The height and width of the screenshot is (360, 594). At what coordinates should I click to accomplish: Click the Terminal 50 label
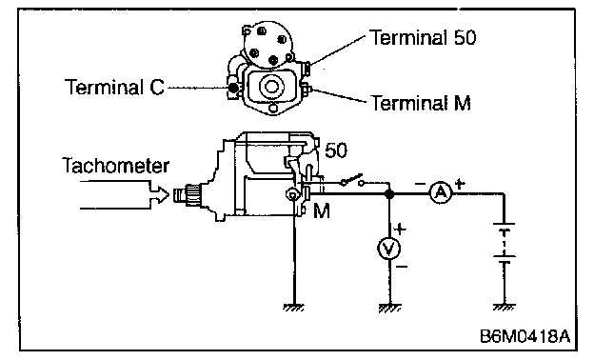(423, 38)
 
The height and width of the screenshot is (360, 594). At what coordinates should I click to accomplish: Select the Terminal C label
(114, 87)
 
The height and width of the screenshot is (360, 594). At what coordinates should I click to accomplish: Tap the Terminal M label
(421, 103)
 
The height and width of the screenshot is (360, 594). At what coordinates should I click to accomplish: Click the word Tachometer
(115, 166)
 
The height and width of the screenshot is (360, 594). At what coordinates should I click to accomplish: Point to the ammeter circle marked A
(441, 193)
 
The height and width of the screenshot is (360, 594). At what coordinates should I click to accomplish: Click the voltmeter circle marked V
(388, 249)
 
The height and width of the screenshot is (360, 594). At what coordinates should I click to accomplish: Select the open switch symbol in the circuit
(352, 181)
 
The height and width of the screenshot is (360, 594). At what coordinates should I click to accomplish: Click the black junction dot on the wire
(389, 194)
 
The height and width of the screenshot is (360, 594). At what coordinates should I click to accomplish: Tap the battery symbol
(504, 243)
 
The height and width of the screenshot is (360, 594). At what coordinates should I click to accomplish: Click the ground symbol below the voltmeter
(389, 308)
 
